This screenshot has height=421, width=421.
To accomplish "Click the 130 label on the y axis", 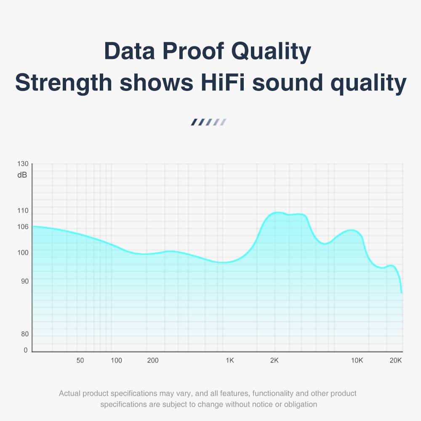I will [23, 164].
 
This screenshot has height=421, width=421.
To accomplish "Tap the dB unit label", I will [22, 175].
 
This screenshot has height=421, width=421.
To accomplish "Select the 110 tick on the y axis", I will [23, 210].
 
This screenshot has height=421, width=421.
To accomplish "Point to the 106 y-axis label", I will [23, 227].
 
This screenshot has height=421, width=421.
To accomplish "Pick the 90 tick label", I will [25, 281].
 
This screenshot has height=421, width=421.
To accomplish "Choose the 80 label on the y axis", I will [25, 334].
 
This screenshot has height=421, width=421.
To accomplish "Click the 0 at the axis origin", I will [26, 350].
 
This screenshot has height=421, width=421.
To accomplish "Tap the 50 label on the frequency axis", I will [80, 360].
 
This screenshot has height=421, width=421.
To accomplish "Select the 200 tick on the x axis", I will [153, 360].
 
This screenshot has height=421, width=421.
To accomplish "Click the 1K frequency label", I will [229, 360].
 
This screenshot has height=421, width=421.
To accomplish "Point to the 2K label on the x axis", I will [274, 360].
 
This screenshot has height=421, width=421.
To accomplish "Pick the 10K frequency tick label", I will [357, 360].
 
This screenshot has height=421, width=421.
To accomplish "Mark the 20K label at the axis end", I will [396, 360].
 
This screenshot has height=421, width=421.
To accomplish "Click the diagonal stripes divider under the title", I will [209, 122].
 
